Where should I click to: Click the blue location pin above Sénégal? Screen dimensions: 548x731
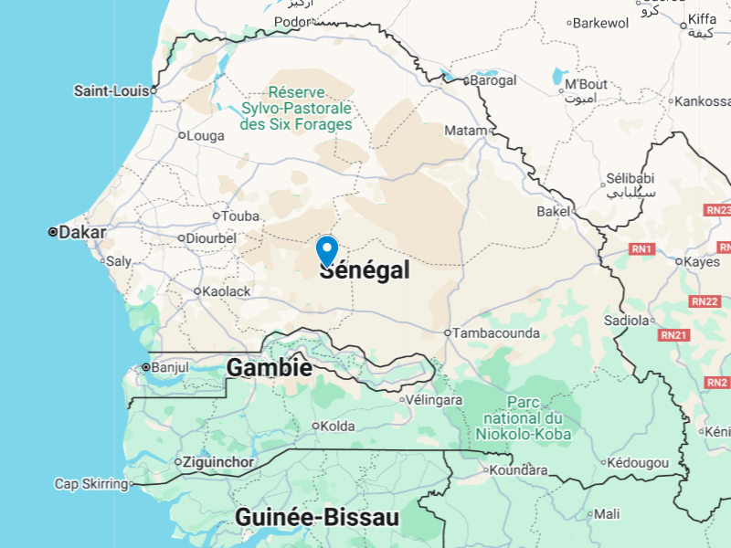click(x=327, y=249)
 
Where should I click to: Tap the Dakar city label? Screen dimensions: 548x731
click(x=81, y=232)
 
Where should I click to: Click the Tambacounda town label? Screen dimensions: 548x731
click(x=496, y=333)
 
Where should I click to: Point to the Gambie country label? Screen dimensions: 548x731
click(x=270, y=368)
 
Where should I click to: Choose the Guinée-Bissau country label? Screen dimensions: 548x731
click(x=317, y=518)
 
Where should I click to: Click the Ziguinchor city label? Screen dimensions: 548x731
click(x=218, y=462)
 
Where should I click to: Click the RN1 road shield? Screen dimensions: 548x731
click(x=641, y=248)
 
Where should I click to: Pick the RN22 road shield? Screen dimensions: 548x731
click(x=705, y=301)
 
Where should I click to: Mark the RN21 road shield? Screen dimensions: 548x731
click(x=673, y=335)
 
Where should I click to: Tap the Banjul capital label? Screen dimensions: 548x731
click(x=169, y=367)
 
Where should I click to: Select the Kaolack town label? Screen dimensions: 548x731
click(x=226, y=291)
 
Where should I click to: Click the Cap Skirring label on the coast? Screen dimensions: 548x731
click(x=90, y=484)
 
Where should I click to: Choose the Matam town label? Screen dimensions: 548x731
click(x=465, y=131)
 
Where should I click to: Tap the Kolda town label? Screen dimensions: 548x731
click(x=336, y=426)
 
